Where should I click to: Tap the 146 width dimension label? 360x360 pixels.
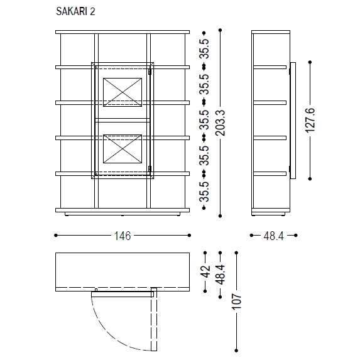[x=122, y=236]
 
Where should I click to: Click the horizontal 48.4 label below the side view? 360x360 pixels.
[x=273, y=236]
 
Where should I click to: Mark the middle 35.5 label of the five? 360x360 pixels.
[x=205, y=120]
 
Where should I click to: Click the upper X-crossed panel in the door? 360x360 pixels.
[x=123, y=90]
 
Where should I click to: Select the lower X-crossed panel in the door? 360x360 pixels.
[x=123, y=148]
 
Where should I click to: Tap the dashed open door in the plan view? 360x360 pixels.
[x=154, y=320]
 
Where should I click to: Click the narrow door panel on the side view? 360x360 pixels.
[x=291, y=119]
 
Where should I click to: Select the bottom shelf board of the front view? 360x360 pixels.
[x=122, y=209]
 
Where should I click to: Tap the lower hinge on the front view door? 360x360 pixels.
[x=151, y=168]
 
